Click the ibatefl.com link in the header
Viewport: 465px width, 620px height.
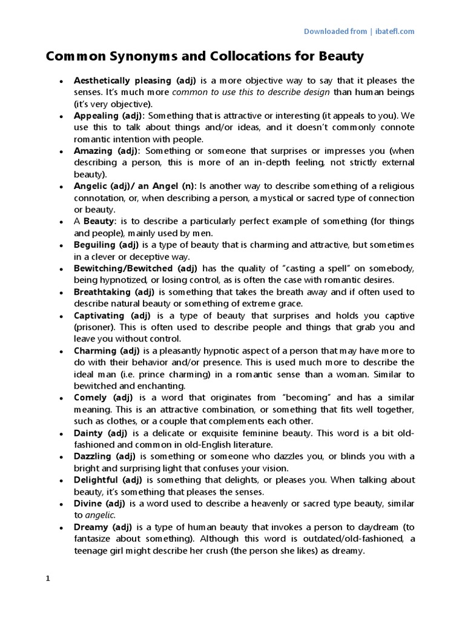(394, 31)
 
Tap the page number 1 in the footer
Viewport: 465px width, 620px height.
(48, 578)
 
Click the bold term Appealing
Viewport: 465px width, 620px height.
(95, 115)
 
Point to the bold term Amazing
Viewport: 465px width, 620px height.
(94, 151)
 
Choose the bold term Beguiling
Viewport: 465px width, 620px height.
(97, 245)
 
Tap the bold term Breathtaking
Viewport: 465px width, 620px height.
(103, 292)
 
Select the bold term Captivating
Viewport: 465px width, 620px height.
(101, 315)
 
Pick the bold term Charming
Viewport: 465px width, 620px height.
(96, 351)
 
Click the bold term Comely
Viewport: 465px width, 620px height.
(90, 398)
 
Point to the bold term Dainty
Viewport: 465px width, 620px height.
(88, 433)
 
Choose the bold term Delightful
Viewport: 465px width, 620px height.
(97, 480)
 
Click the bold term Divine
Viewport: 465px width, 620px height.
(88, 503)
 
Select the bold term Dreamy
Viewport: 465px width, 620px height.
(91, 527)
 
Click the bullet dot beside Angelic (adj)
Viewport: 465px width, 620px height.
(61, 186)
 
